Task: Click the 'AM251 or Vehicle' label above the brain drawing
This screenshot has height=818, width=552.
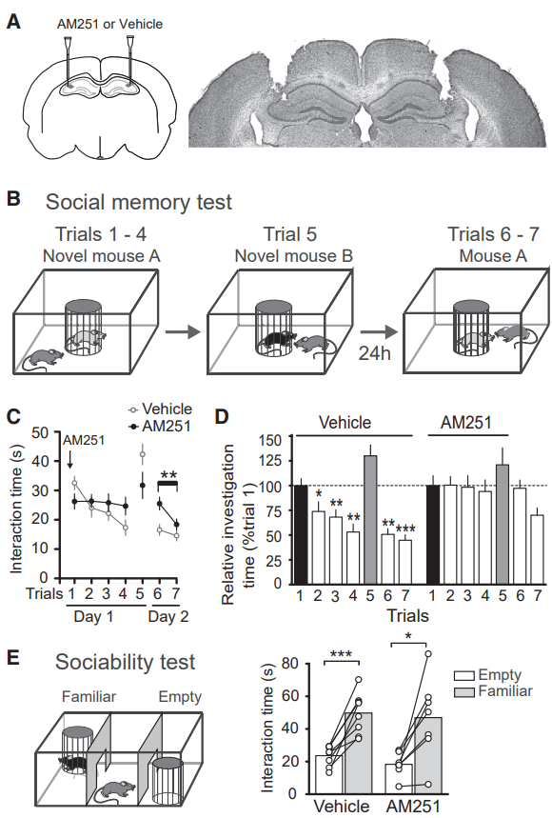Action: point(110,24)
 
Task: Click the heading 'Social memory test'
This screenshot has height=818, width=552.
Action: point(139,203)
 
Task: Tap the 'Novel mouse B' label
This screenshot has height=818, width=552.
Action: point(293,256)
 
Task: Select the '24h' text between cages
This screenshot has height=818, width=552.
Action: point(374,353)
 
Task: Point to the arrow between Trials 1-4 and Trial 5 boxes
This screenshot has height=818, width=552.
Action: point(183,331)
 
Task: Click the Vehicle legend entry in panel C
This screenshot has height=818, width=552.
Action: point(161,409)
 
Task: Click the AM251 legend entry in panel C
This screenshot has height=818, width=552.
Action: point(160,427)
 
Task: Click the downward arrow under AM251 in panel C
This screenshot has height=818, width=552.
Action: point(69,459)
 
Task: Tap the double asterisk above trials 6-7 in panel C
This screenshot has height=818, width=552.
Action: point(168,475)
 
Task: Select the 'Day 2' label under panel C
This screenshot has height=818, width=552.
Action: point(168,617)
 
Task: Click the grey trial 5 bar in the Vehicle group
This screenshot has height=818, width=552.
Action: point(370,519)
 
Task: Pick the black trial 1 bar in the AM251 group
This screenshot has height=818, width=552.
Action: point(433,534)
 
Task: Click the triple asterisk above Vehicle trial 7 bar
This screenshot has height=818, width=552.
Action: point(405,529)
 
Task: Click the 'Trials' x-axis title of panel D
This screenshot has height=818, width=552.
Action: point(407,616)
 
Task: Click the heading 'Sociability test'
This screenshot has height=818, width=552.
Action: point(125,663)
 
